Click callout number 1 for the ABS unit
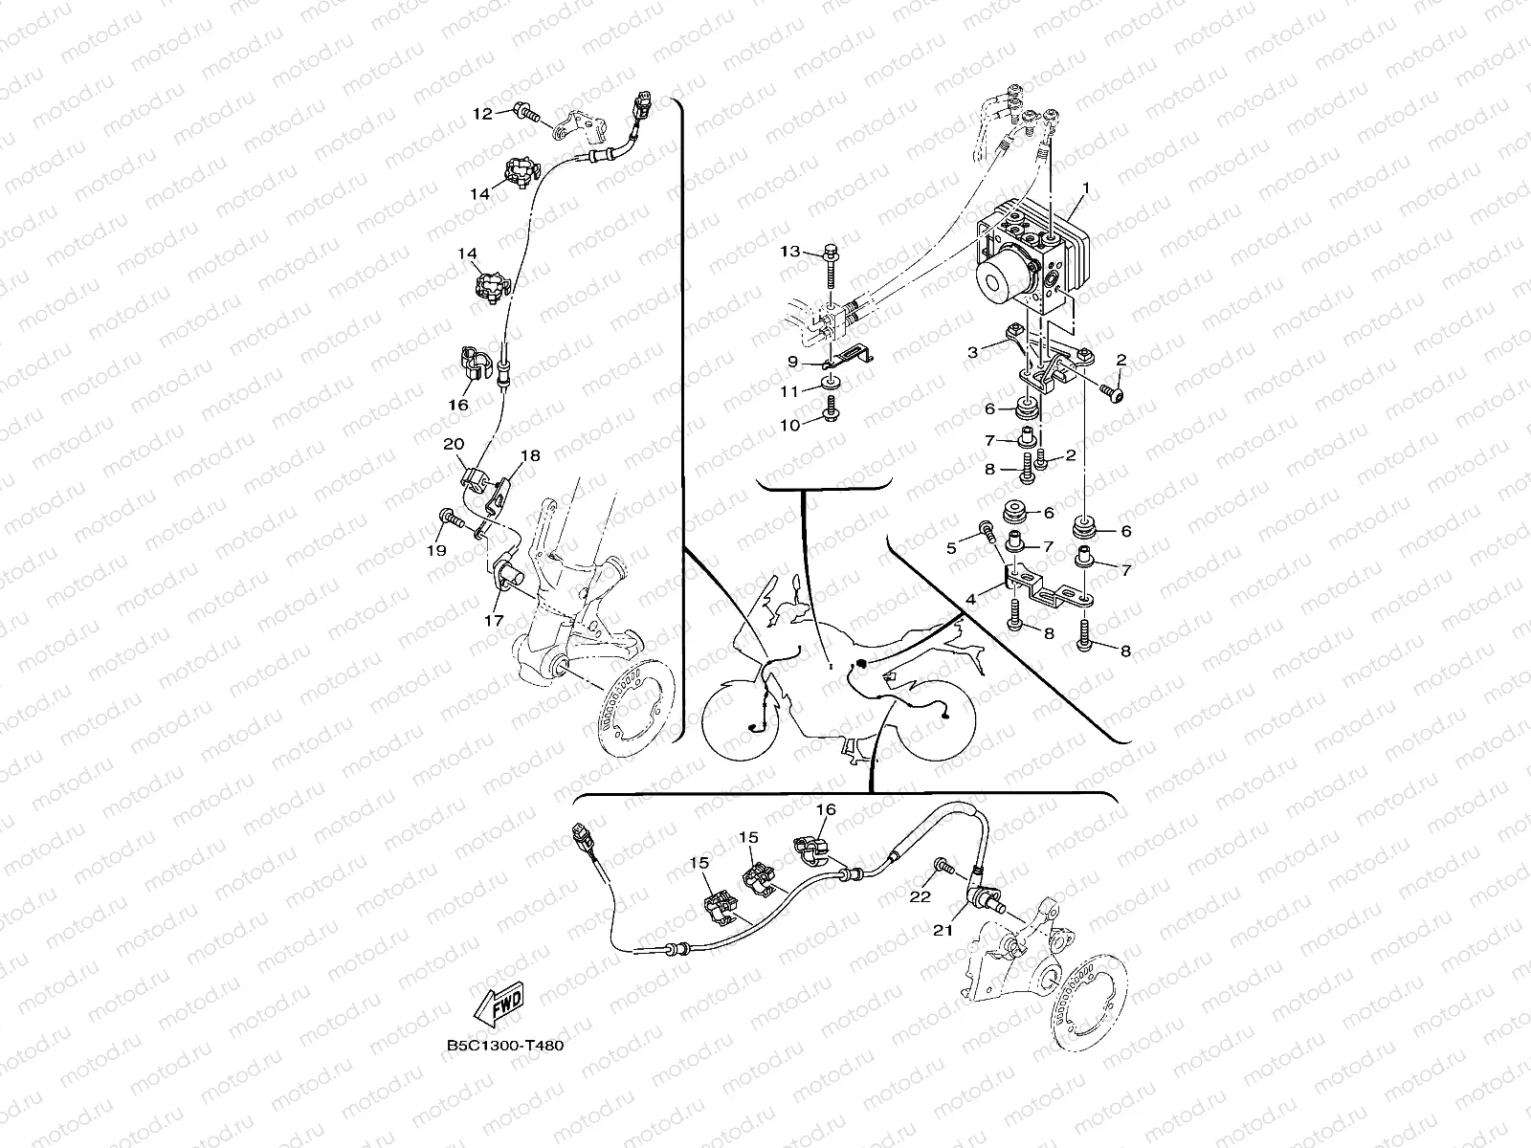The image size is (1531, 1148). pyautogui.click(x=1085, y=188)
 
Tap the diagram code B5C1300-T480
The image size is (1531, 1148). pyautogui.click(x=504, y=1045)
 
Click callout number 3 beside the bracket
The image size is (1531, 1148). pyautogui.click(x=972, y=352)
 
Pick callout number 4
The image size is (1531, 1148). pyautogui.click(x=970, y=600)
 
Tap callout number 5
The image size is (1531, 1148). pyautogui.click(x=951, y=548)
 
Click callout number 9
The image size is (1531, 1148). pyautogui.click(x=792, y=361)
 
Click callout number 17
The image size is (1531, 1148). pyautogui.click(x=494, y=621)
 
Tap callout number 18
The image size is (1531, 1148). pyautogui.click(x=530, y=456)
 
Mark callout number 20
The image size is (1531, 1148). pyautogui.click(x=453, y=444)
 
